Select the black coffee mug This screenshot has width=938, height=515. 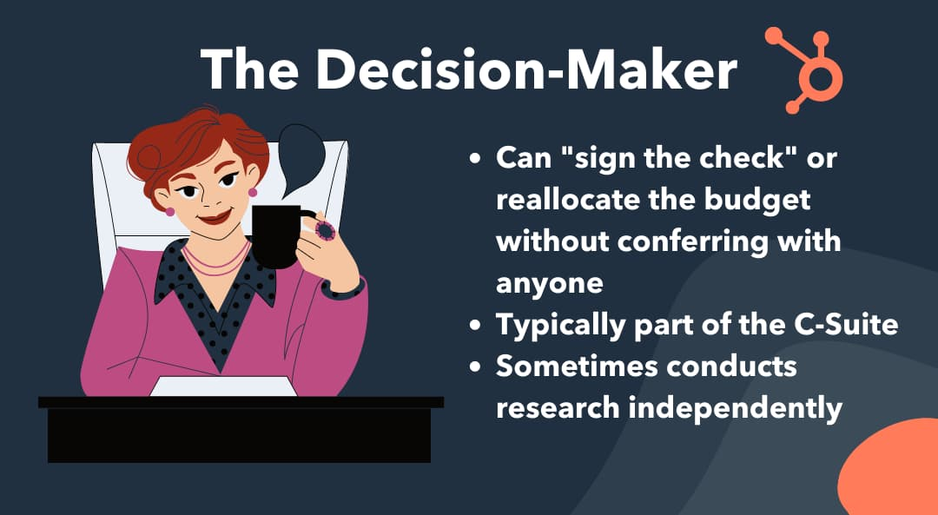[x=279, y=236]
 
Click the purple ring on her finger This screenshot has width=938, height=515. [x=326, y=230]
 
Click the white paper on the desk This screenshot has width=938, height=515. [x=223, y=386]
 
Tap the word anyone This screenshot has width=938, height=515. [x=549, y=283]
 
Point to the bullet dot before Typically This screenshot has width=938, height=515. [x=475, y=326]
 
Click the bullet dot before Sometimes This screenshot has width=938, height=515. [x=475, y=366]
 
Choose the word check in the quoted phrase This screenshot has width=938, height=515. [x=721, y=158]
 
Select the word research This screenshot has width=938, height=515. [x=558, y=408]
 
